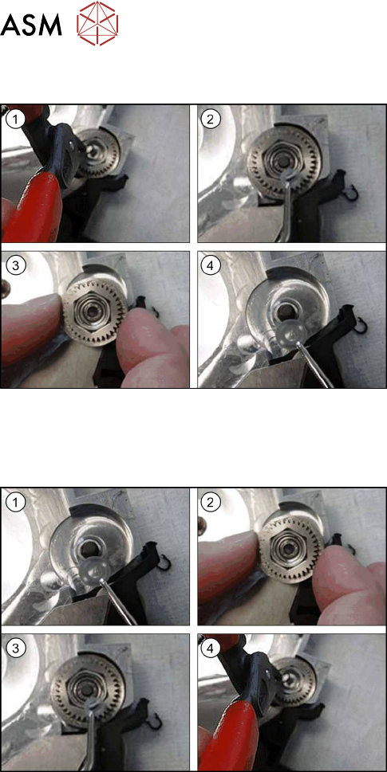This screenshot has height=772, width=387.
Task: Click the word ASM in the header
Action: pos(31,24)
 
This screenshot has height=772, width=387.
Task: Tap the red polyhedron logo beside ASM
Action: pos(97,23)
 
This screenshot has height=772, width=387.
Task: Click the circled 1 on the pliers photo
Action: pos(15,120)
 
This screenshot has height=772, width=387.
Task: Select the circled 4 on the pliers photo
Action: pos(211,649)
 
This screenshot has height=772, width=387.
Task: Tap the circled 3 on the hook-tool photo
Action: pos(15,649)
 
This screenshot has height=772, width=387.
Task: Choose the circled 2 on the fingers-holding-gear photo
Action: pos(211,502)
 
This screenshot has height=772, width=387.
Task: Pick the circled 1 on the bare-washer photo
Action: pos(15,502)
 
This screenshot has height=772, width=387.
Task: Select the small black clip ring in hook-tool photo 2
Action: pos(351,193)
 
